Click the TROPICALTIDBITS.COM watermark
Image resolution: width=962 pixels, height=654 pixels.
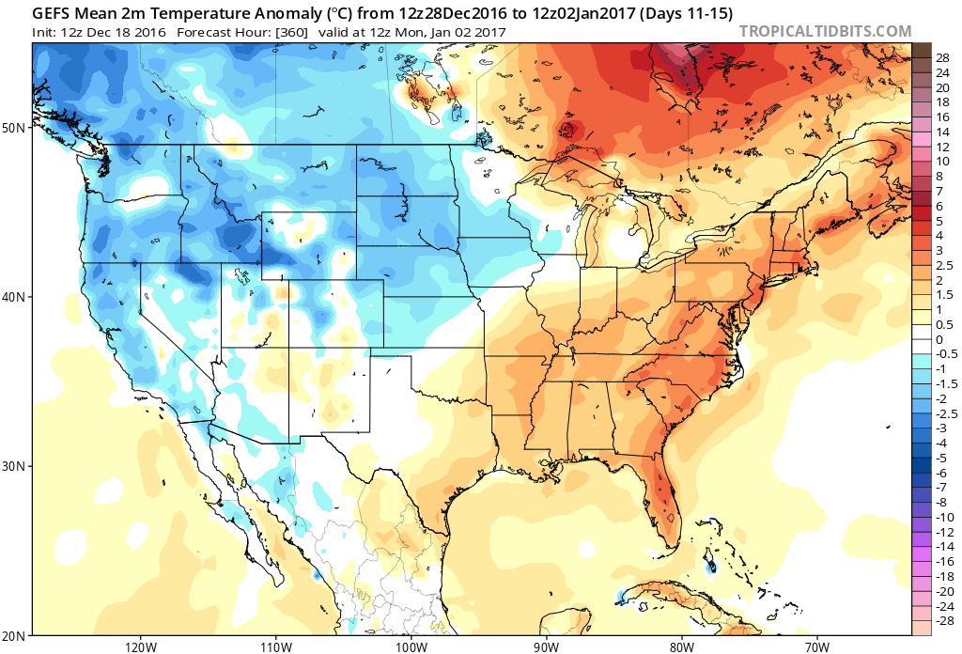tap(825, 31)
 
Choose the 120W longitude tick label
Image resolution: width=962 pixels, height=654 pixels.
tap(140, 646)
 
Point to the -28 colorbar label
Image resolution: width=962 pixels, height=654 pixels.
tap(944, 620)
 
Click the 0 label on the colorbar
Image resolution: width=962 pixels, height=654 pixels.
tap(939, 339)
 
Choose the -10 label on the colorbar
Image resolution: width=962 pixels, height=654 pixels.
tap(944, 517)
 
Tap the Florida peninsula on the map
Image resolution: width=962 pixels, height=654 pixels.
tap(663, 498)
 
